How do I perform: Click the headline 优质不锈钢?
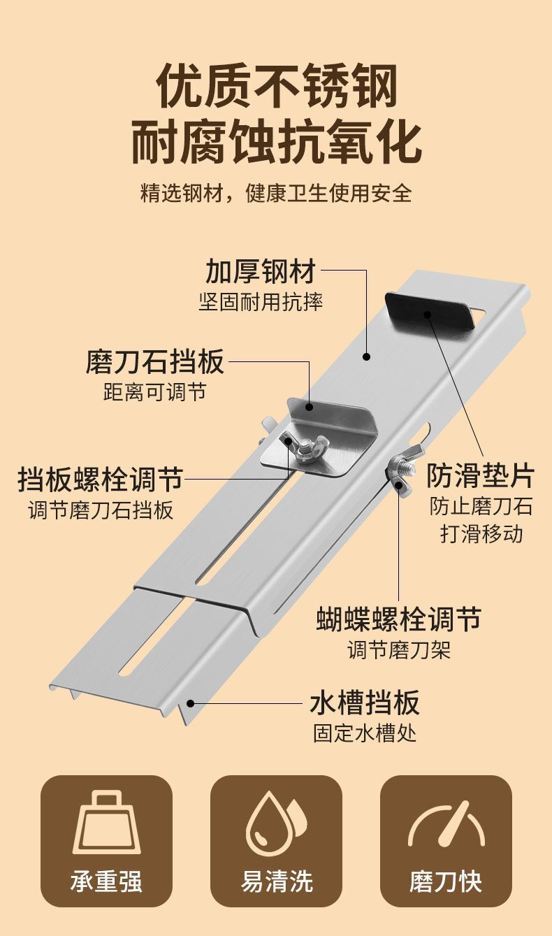coord(276,87)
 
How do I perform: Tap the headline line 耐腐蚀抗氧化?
coord(276,142)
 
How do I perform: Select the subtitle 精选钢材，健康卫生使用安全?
coord(276,192)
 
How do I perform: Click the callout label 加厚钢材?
coord(260,271)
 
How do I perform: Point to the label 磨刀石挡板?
coord(155,361)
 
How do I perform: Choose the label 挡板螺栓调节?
coord(100,480)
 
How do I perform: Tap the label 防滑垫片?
coord(480,475)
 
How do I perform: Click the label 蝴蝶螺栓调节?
coord(398,619)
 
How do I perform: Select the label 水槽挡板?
coord(364,702)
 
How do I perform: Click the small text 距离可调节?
coord(155,392)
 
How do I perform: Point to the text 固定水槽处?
coord(364,733)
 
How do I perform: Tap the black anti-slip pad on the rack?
coord(430,315)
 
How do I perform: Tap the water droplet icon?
coord(275,825)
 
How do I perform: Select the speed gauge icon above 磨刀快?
coord(446,825)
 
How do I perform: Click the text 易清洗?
coord(276,881)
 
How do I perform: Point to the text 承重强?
coord(106,881)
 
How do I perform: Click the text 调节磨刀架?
coord(399,650)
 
